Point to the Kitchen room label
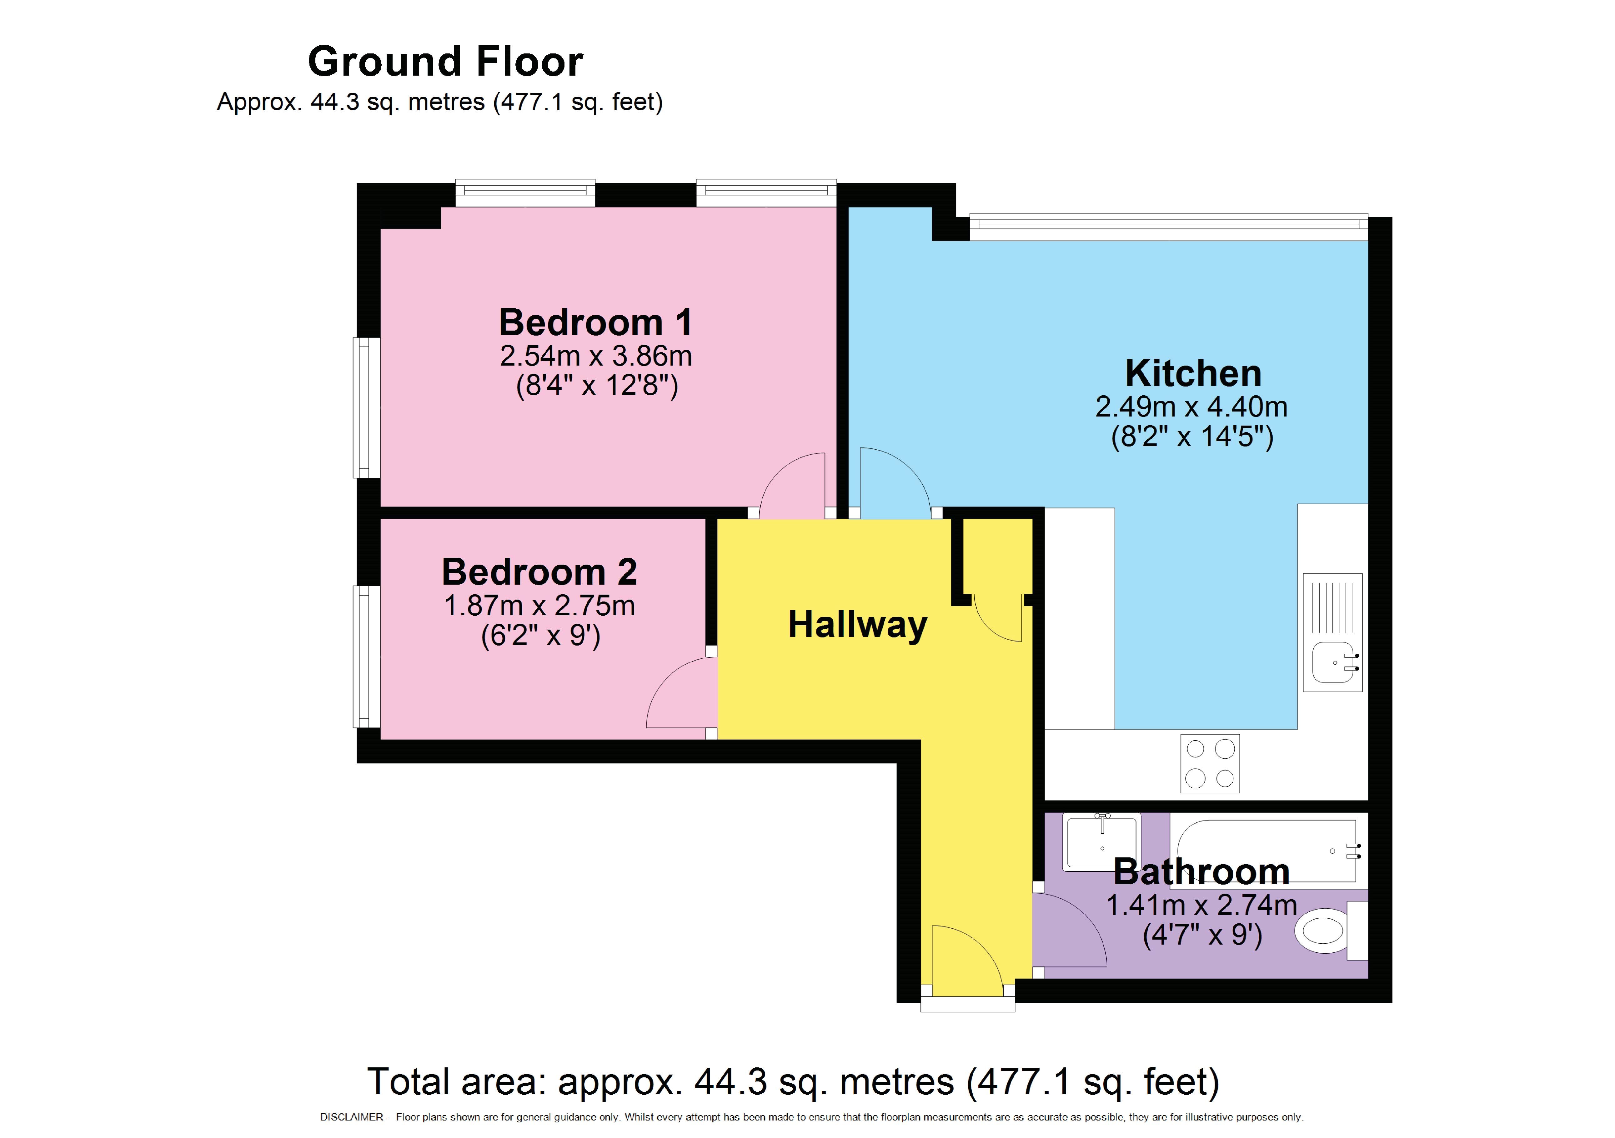(x=1193, y=373)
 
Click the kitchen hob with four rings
(x=1210, y=763)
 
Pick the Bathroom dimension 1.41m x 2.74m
(x=1201, y=905)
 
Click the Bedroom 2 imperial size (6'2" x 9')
(x=540, y=636)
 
